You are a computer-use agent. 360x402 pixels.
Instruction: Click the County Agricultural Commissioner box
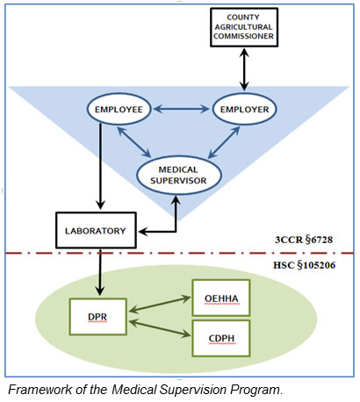[x=244, y=27]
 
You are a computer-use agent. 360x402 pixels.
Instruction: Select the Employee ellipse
[x=119, y=109]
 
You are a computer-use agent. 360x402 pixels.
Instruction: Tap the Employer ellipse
[x=244, y=109]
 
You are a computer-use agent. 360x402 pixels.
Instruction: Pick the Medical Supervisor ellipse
[x=179, y=175]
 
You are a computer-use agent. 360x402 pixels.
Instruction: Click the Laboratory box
[x=96, y=231]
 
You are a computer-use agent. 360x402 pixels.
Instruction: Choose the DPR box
[x=98, y=317]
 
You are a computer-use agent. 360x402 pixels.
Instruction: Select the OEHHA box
[x=221, y=298]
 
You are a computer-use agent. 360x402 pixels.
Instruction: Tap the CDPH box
[x=221, y=338]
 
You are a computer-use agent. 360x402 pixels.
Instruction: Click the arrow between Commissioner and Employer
[x=244, y=69]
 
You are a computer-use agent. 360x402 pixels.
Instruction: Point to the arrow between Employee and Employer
[x=182, y=109]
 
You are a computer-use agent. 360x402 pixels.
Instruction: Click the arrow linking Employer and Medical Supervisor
[x=224, y=142]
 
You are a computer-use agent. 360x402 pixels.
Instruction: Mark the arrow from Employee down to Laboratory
[x=100, y=166]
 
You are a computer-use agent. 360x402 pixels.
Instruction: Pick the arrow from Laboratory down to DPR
[x=100, y=272]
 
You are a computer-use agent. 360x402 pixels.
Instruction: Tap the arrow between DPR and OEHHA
[x=160, y=305]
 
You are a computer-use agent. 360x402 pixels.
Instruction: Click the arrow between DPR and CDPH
[x=160, y=328]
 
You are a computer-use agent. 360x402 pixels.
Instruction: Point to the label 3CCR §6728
[x=304, y=240]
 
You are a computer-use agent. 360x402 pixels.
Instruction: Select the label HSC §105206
[x=305, y=265]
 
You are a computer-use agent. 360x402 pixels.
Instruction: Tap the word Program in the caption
[x=256, y=391]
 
